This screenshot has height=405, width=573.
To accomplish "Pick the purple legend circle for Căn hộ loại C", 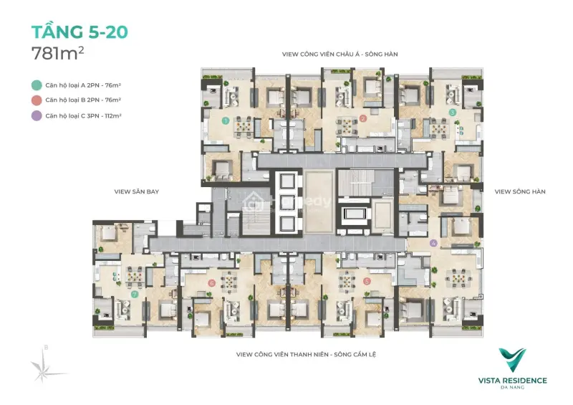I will (x=37, y=115).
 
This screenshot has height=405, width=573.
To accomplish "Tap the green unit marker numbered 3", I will (x=452, y=113).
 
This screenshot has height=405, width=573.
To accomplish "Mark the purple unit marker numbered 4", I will (x=433, y=243).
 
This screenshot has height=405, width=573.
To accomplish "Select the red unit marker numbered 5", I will (x=366, y=282).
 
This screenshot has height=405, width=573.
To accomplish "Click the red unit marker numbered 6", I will (x=212, y=283).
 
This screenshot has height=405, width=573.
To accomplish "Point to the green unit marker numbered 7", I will (x=134, y=294).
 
